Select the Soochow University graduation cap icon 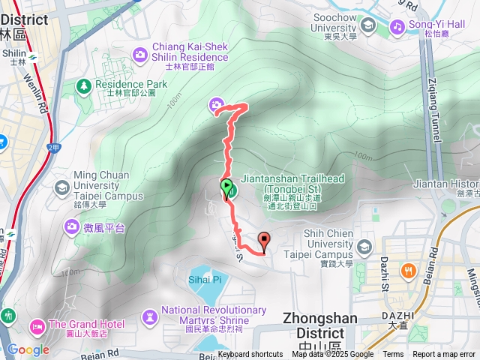(367, 27)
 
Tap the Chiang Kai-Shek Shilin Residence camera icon (139, 53)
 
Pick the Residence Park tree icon (82, 87)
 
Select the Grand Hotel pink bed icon (37, 326)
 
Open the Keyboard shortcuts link (250, 355)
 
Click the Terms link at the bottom (393, 355)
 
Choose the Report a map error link (444, 355)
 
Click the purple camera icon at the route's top (217, 105)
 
